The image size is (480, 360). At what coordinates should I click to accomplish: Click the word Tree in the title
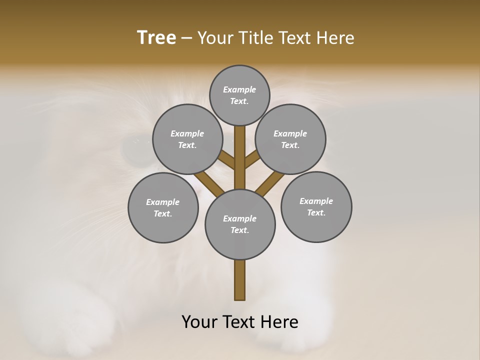pyautogui.click(x=156, y=38)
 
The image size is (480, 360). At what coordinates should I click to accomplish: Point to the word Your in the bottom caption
pyautogui.click(x=201, y=322)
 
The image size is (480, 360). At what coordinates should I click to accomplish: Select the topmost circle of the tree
pyautogui.click(x=239, y=95)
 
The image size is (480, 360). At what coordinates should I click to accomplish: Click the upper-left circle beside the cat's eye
pyautogui.click(x=187, y=139)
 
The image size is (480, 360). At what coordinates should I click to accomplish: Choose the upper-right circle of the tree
pyautogui.click(x=290, y=139)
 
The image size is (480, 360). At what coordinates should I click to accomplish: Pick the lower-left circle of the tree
pyautogui.click(x=163, y=207)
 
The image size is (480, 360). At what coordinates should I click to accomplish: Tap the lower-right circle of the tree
pyautogui.click(x=316, y=206)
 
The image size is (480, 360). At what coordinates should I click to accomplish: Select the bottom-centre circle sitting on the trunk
pyautogui.click(x=240, y=224)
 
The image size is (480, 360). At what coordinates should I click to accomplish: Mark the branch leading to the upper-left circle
pyautogui.click(x=226, y=160)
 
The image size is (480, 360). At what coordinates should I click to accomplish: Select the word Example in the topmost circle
pyautogui.click(x=239, y=89)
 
